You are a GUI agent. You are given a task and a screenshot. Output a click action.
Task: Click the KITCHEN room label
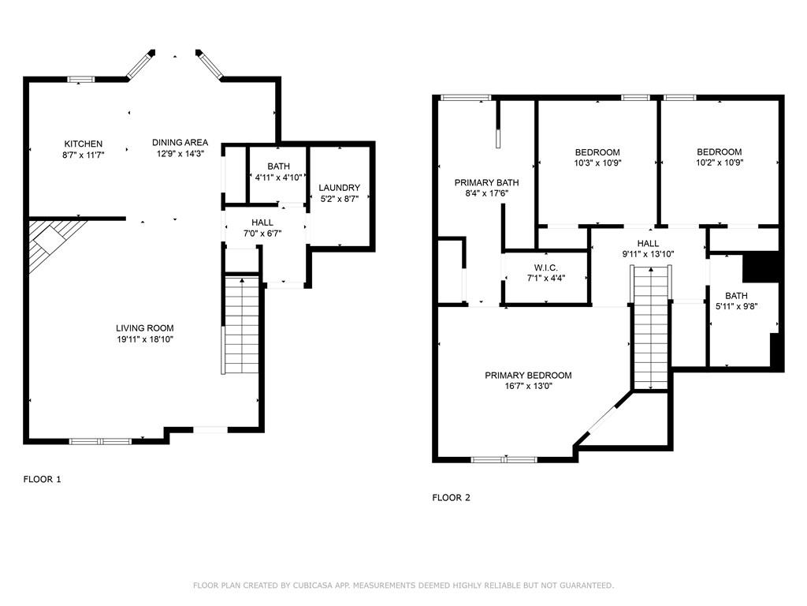point(83,144)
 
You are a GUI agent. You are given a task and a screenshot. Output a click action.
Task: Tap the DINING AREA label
point(180,142)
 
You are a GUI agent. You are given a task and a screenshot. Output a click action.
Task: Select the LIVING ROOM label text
point(145,327)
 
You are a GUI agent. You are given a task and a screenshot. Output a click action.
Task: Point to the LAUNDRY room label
point(339,188)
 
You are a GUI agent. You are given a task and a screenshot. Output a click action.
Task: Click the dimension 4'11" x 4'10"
point(278,178)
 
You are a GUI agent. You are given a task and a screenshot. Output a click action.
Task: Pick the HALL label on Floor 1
point(262,223)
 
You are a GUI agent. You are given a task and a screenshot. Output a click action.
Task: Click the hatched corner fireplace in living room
point(51,241)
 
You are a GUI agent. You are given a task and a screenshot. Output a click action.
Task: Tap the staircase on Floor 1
point(241,325)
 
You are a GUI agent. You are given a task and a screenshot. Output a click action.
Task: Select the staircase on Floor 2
point(651,327)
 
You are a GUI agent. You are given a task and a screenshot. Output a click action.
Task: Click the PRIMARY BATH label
point(486,182)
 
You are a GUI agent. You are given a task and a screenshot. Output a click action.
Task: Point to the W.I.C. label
point(545,268)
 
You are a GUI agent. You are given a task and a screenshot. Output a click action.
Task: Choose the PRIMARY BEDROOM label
point(528,375)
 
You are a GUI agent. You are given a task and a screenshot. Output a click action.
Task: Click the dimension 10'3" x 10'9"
point(597,163)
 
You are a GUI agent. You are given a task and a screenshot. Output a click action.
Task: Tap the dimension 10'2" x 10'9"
point(720,163)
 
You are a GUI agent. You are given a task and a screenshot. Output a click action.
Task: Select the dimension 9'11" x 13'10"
point(648,254)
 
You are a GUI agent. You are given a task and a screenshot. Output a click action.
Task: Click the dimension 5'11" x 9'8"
point(737,307)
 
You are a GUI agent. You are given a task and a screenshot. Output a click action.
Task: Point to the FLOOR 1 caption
point(43,479)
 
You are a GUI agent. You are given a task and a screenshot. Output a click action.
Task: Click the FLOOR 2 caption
point(452,498)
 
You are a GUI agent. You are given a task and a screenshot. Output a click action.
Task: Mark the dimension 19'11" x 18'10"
point(145,339)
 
